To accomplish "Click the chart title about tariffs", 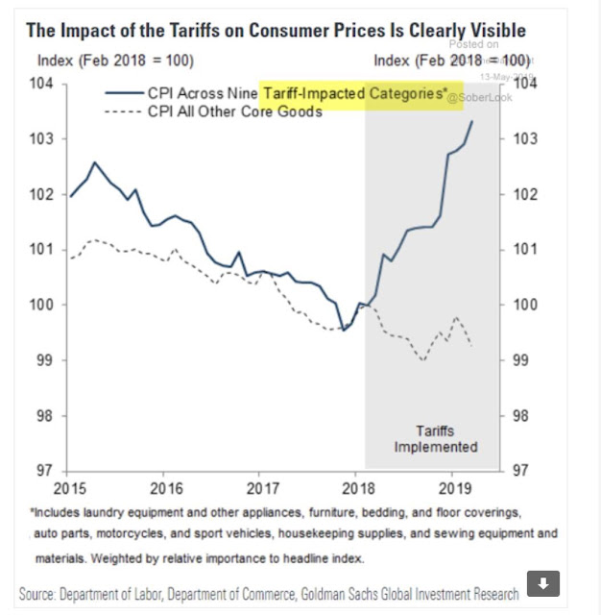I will pos(276,30).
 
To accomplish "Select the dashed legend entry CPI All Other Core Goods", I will pos(234,111).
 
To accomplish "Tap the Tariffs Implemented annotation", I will pos(435,439).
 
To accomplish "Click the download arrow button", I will pos(543,583).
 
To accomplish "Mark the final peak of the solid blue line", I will pos(472,120).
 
